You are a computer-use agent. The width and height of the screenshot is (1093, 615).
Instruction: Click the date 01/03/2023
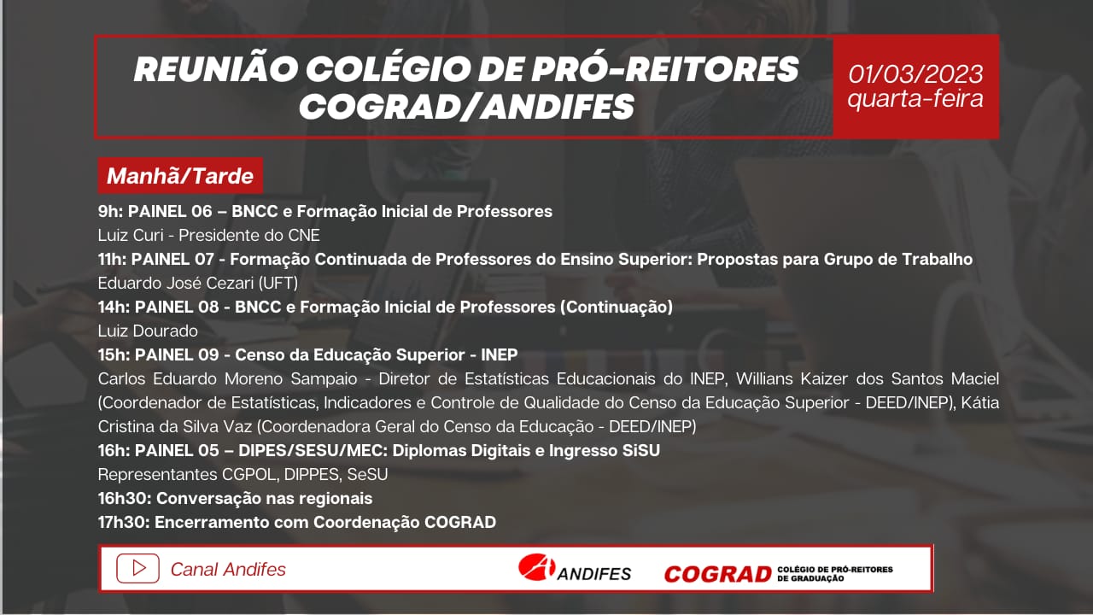click(915, 74)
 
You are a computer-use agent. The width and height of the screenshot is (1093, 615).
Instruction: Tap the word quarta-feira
click(915, 99)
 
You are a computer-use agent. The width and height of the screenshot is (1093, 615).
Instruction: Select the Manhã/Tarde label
click(180, 176)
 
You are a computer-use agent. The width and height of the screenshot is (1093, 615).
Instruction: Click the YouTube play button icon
click(137, 568)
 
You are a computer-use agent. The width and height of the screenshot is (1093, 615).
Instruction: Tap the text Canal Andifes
click(228, 569)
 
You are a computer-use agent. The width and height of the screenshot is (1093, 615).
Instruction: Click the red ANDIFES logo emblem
click(536, 567)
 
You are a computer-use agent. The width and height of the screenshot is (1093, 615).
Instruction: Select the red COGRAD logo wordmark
click(717, 574)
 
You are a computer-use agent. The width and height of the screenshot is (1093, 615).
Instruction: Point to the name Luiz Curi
click(131, 235)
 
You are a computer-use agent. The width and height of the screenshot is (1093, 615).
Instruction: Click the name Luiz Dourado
click(148, 331)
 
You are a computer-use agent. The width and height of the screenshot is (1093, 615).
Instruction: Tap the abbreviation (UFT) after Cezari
click(278, 283)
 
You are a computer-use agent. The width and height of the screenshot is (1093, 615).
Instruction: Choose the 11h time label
click(112, 259)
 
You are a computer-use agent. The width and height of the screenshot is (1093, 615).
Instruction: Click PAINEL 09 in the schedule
click(177, 354)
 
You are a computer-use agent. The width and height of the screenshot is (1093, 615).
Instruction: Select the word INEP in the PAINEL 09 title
click(500, 354)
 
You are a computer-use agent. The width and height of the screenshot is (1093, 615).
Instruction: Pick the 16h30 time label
click(125, 498)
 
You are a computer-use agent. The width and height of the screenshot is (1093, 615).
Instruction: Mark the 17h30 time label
click(124, 522)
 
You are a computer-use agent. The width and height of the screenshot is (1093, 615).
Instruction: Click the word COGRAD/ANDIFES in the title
click(466, 107)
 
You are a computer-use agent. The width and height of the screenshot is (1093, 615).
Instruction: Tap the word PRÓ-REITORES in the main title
click(664, 69)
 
